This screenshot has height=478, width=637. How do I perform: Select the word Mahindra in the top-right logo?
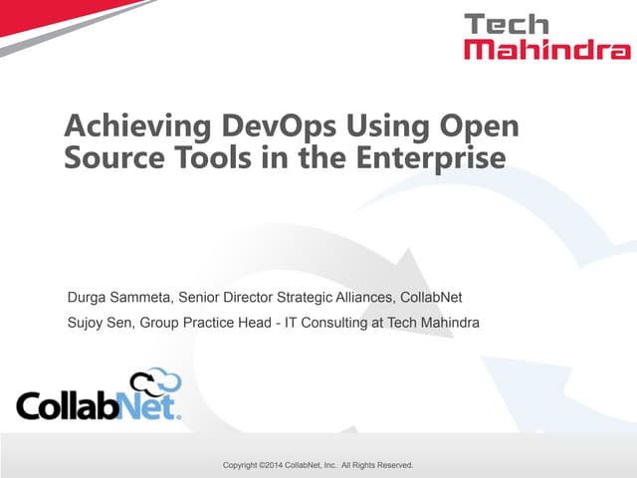tap(546, 49)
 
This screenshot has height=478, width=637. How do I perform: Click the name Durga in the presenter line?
tap(89, 297)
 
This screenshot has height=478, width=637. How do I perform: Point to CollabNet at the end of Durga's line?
tap(431, 297)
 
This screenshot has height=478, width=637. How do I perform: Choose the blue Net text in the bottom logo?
tap(148, 406)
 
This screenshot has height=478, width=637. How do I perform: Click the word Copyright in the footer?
tap(244, 465)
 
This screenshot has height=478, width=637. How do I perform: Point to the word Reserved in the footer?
tap(392, 465)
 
